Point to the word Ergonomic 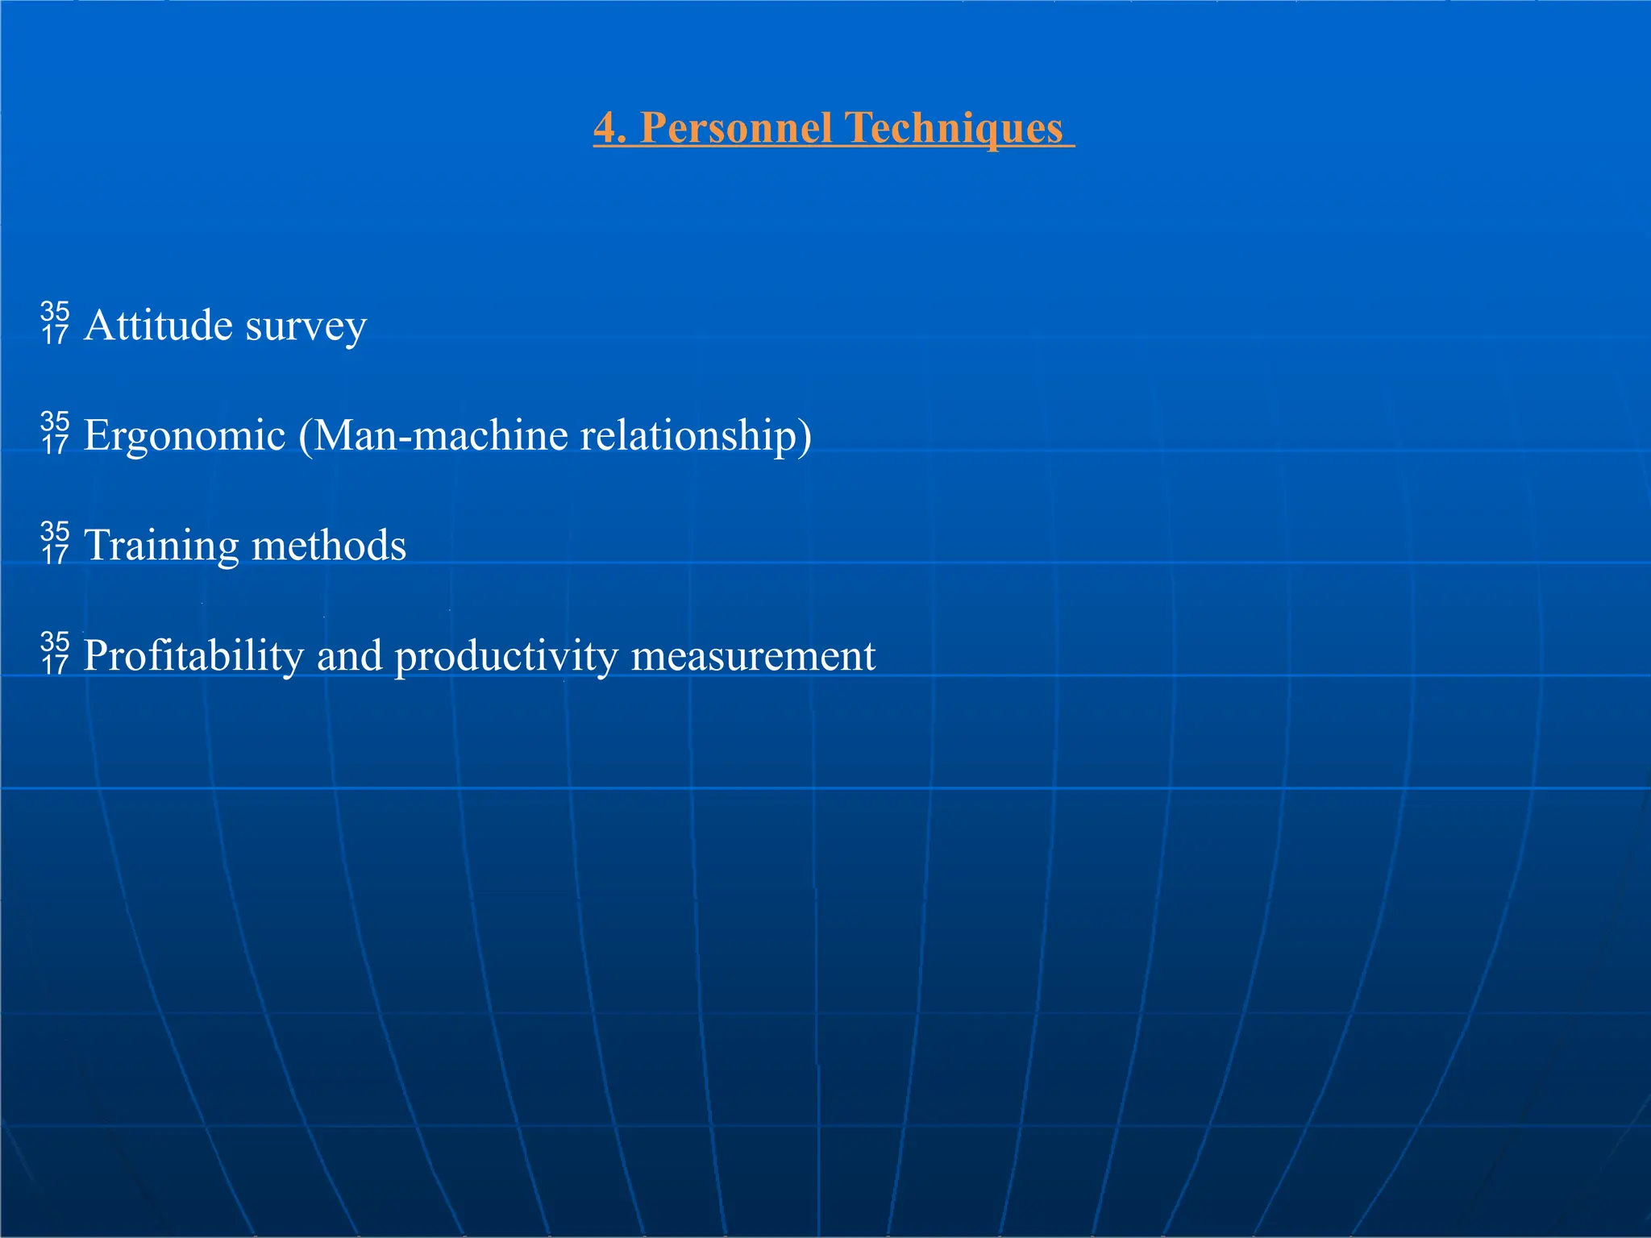(185, 436)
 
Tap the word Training (161, 546)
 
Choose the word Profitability (193, 655)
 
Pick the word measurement (753, 655)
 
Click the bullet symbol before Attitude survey (55, 323)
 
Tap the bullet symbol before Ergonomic (55, 434)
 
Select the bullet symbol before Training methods (55, 543)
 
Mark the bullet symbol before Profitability (55, 654)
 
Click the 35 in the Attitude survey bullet (55, 312)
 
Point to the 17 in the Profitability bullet (55, 665)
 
